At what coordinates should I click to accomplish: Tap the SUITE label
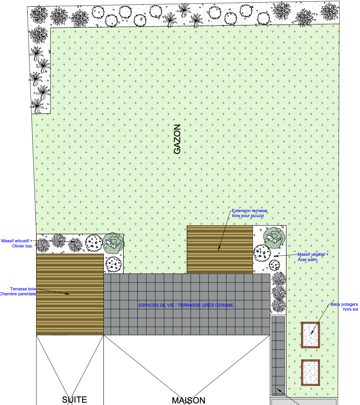click(75, 400)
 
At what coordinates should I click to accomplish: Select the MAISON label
click(189, 400)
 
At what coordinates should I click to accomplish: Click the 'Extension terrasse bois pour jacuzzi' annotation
click(250, 213)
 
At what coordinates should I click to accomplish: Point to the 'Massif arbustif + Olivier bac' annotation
click(17, 244)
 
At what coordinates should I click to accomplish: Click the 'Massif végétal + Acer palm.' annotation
click(313, 257)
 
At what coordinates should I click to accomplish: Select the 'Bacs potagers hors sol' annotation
click(344, 307)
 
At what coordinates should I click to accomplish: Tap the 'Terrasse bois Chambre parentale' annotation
click(18, 291)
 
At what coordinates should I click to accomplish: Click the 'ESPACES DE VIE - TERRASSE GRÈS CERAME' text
click(186, 305)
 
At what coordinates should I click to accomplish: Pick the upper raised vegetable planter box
click(310, 335)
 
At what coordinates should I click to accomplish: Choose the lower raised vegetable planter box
click(310, 373)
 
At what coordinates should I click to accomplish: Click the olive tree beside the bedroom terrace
click(113, 243)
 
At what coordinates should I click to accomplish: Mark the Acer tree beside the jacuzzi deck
click(274, 238)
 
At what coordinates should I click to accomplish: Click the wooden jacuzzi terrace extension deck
click(220, 250)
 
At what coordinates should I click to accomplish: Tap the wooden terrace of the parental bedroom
click(70, 295)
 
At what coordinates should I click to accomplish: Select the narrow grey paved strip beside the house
click(278, 356)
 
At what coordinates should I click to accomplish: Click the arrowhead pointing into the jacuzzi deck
click(219, 249)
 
